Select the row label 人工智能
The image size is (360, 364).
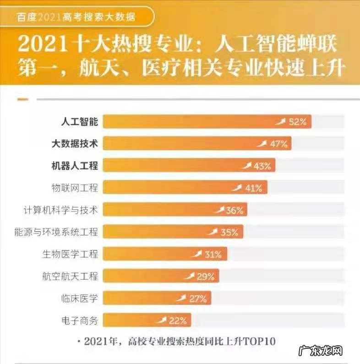[x=80, y=122]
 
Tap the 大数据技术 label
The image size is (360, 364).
[x=75, y=144]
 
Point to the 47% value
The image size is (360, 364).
[x=278, y=144]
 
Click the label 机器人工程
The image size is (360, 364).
[x=75, y=166]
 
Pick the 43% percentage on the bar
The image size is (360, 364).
[x=262, y=166]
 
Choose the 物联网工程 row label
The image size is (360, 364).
[x=75, y=188]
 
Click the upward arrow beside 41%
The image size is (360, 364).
[x=237, y=187]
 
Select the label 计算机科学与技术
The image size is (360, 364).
[x=60, y=210]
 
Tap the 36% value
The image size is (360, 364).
[x=234, y=210]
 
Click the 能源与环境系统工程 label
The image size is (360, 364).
[x=56, y=232]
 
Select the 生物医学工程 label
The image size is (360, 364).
[x=70, y=254]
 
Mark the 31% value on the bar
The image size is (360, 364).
[x=213, y=254]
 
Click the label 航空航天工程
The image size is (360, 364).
[x=70, y=276]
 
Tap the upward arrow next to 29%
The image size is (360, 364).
[x=189, y=275]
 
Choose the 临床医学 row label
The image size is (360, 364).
[x=79, y=298]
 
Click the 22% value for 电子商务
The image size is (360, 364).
[x=178, y=321]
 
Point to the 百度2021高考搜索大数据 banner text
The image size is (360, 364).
[x=76, y=17]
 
